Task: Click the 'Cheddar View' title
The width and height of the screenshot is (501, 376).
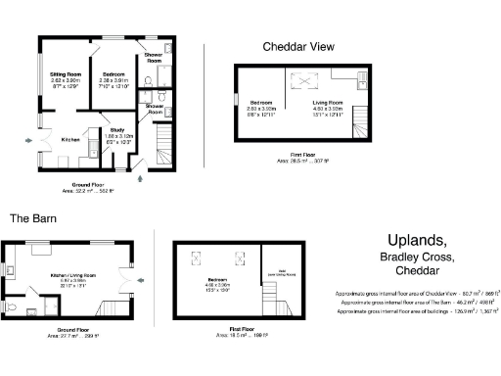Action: pyautogui.click(x=298, y=46)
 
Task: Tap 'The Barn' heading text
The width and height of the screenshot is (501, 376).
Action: pyautogui.click(x=34, y=218)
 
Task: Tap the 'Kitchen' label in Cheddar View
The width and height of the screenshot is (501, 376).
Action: pyautogui.click(x=70, y=139)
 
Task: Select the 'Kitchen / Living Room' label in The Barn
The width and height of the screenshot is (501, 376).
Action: pyautogui.click(x=71, y=276)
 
